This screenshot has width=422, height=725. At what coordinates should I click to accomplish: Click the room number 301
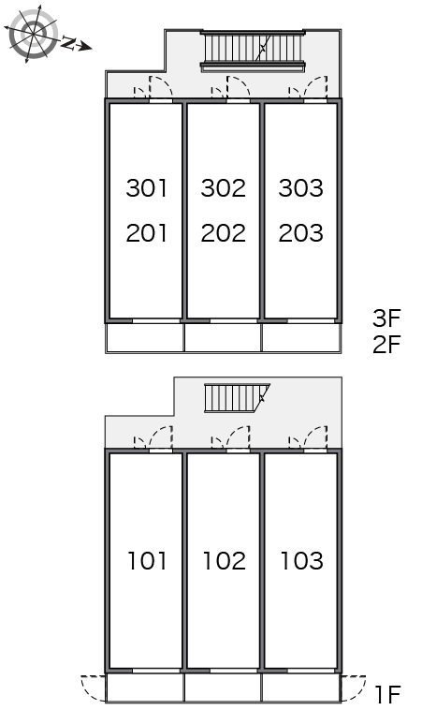[146, 188]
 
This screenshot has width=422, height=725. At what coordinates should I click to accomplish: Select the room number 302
[224, 188]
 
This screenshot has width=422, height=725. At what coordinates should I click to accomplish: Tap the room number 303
[301, 188]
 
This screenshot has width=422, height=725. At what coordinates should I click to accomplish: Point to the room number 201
[146, 233]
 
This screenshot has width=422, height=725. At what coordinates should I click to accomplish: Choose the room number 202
[224, 233]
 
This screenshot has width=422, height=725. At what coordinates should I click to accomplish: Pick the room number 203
[301, 233]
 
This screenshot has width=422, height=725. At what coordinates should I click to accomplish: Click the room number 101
[147, 560]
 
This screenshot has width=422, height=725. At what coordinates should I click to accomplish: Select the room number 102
[225, 560]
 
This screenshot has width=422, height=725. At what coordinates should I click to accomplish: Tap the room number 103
[302, 560]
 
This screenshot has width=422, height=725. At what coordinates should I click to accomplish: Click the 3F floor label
[386, 318]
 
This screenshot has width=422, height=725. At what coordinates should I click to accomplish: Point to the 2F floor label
[386, 345]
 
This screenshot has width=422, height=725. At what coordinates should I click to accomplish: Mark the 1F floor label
[387, 695]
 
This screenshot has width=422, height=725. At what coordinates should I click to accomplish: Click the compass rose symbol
[34, 34]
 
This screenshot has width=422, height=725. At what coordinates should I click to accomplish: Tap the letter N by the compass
[68, 43]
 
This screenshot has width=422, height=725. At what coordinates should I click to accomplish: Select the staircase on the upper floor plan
[253, 51]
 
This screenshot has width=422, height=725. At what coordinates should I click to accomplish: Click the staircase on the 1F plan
[237, 398]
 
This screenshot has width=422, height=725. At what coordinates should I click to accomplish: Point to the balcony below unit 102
[223, 688]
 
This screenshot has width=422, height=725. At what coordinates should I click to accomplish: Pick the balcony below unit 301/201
[145, 338]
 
